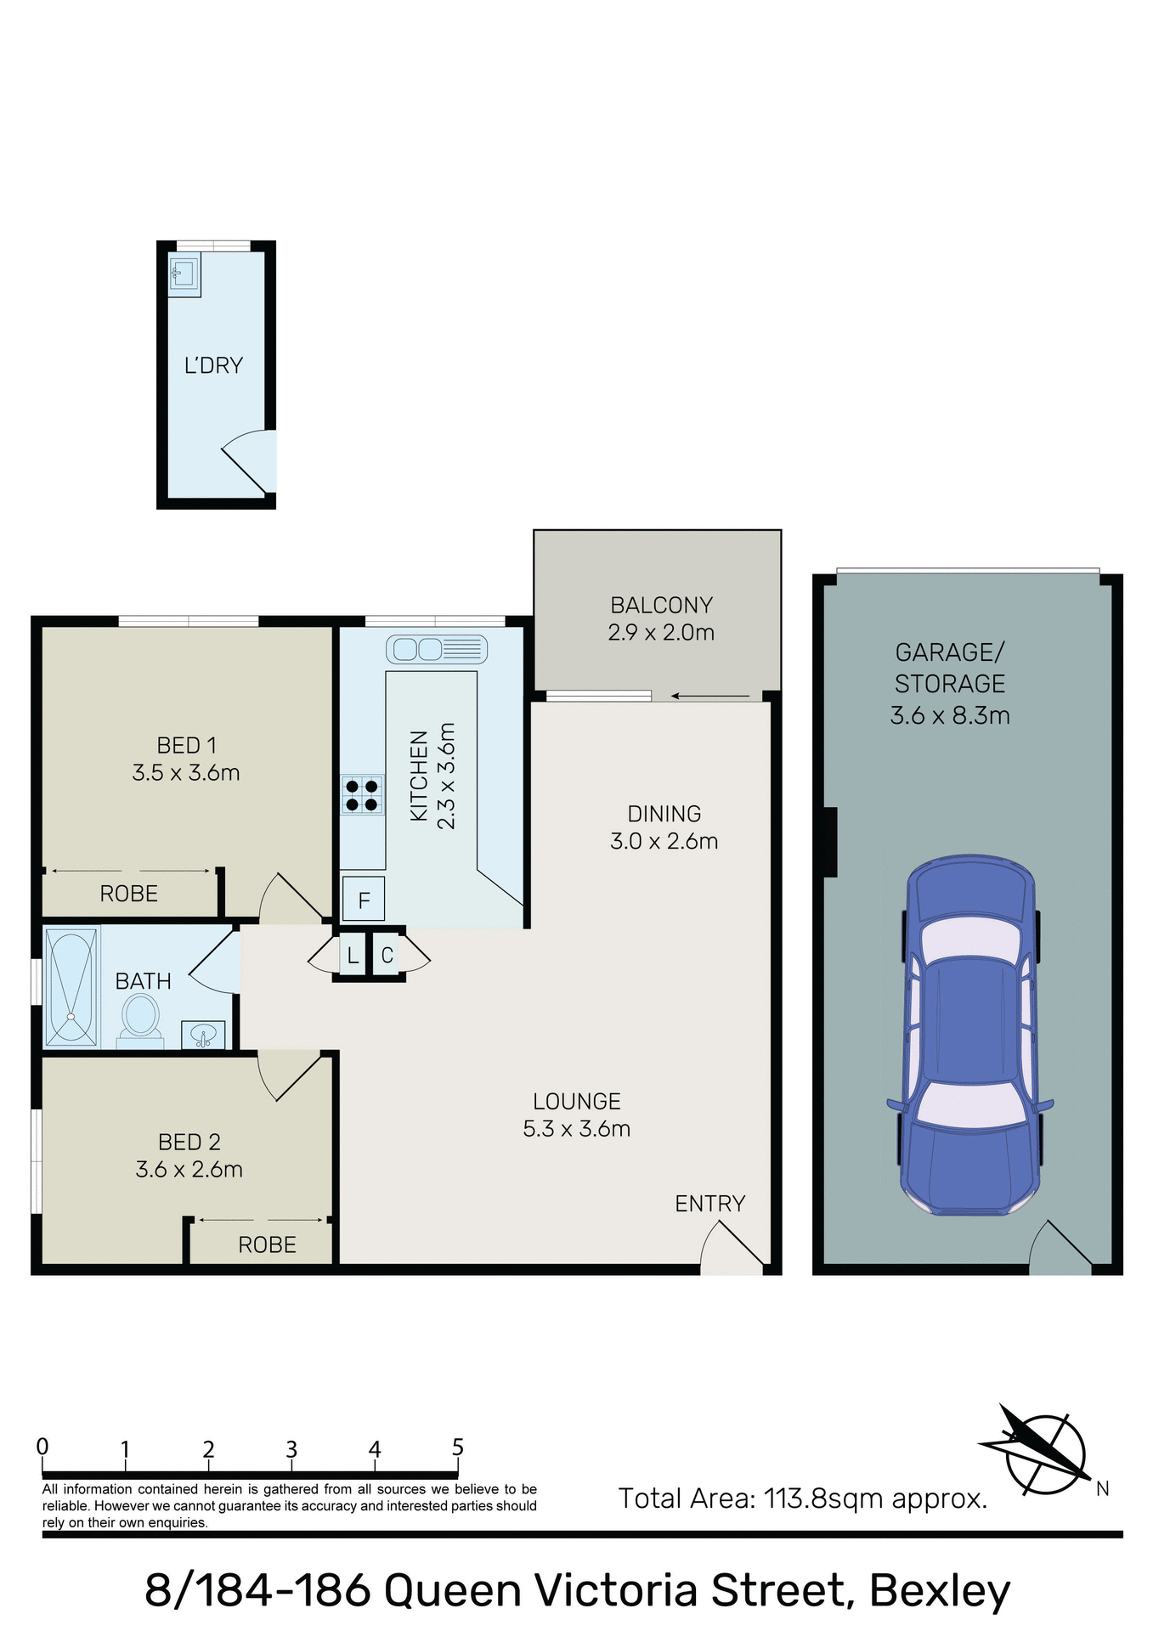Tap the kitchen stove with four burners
pyautogui.click(x=362, y=794)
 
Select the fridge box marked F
pyautogui.click(x=364, y=900)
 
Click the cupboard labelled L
pyautogui.click(x=352, y=956)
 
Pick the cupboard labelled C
pyautogui.click(x=387, y=956)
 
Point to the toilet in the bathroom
pyautogui.click(x=140, y=1016)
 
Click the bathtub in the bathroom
pyautogui.click(x=71, y=987)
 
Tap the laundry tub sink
pyautogui.click(x=184, y=274)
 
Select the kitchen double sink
pyautogui.click(x=436, y=650)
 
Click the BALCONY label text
pyautogui.click(x=661, y=605)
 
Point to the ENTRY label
pyautogui.click(x=709, y=1204)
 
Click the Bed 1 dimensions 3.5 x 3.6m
pyautogui.click(x=186, y=773)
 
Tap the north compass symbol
pyautogui.click(x=1043, y=1453)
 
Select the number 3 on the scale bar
pyautogui.click(x=291, y=1449)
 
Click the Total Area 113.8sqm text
pyautogui.click(x=802, y=1498)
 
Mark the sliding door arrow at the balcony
pyautogui.click(x=709, y=697)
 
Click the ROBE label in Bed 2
pyautogui.click(x=267, y=1244)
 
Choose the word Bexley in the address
pyautogui.click(x=940, y=1590)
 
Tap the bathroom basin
pyautogui.click(x=203, y=1036)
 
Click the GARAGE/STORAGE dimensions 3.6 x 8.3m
pyautogui.click(x=950, y=715)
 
